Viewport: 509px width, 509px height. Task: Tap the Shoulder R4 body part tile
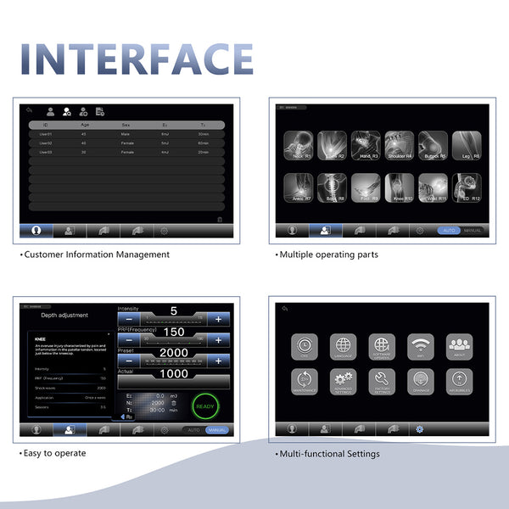pyautogui.click(x=399, y=145)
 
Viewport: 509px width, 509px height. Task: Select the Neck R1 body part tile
pyautogui.click(x=297, y=145)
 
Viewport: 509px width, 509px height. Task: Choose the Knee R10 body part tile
pyautogui.click(x=399, y=187)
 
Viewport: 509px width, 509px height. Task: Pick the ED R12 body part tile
pyautogui.click(x=467, y=187)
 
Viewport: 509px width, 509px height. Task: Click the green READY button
pyautogui.click(x=205, y=406)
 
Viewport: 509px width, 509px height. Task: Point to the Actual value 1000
pyautogui.click(x=174, y=373)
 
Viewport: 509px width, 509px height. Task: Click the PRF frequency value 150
pyautogui.click(x=174, y=332)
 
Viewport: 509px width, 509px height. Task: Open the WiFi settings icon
pyautogui.click(x=421, y=347)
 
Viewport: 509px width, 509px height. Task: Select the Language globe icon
pyautogui.click(x=343, y=347)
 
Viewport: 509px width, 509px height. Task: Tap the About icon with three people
pyautogui.click(x=459, y=347)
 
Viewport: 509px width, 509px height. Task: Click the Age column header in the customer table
pyautogui.click(x=83, y=125)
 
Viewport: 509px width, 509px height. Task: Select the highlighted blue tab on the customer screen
pyautogui.click(x=36, y=230)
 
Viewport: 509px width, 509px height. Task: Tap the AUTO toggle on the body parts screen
pyautogui.click(x=448, y=230)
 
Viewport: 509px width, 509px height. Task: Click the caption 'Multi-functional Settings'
pyautogui.click(x=327, y=454)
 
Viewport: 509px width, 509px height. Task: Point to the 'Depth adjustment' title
pyautogui.click(x=64, y=315)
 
